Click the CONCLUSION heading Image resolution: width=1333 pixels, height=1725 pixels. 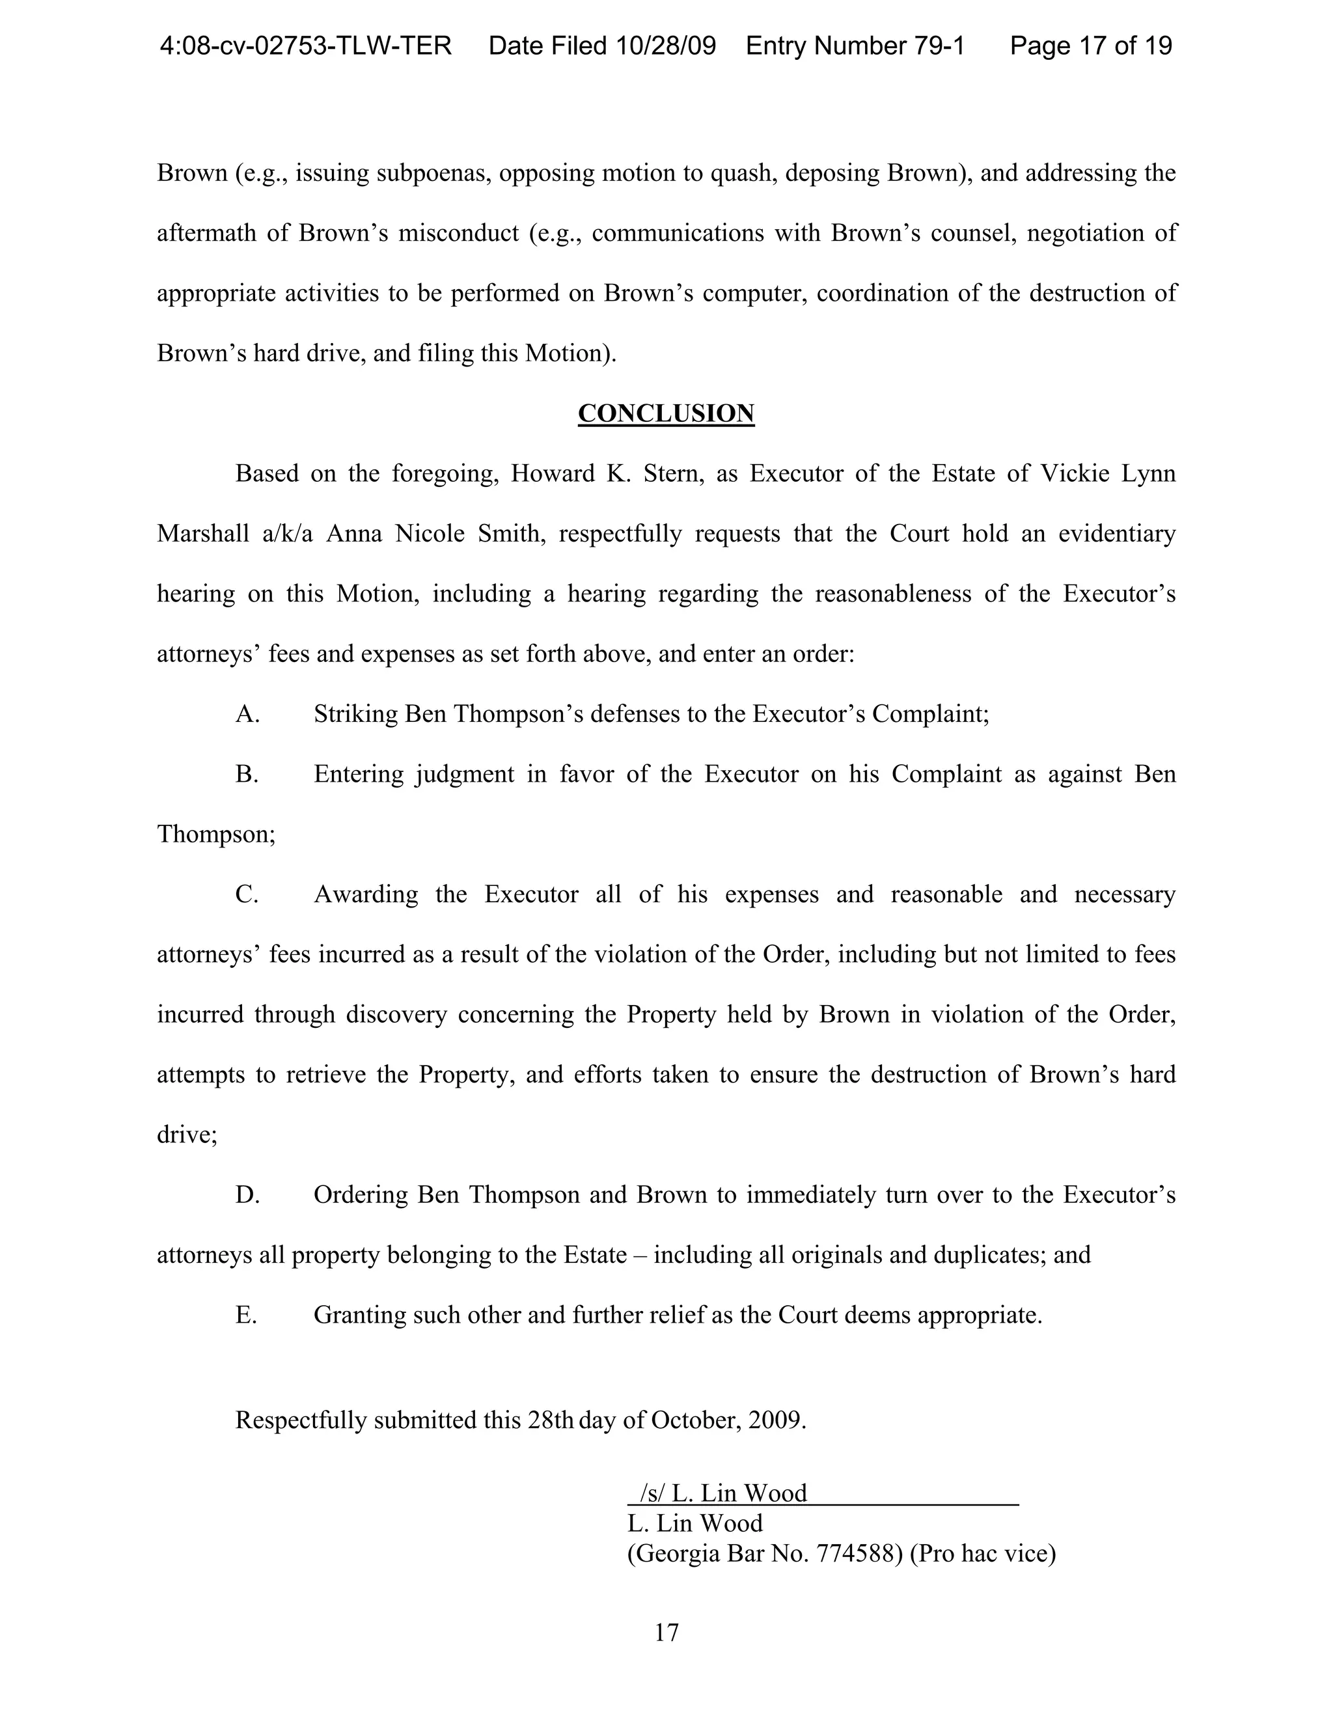(x=666, y=413)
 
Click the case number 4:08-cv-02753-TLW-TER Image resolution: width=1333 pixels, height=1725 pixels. (x=306, y=46)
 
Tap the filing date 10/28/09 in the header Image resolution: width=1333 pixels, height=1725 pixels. (x=665, y=46)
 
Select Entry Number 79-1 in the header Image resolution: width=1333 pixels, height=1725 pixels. (x=855, y=46)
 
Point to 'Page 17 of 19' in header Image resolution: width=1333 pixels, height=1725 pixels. (x=1091, y=46)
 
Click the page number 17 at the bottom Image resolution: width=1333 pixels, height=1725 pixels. (x=666, y=1632)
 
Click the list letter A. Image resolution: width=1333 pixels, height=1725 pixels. (x=247, y=714)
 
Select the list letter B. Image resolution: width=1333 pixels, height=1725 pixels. (x=247, y=774)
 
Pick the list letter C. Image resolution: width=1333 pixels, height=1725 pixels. (x=247, y=894)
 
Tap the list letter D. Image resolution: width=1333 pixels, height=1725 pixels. (x=247, y=1195)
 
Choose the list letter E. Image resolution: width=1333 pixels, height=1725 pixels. (x=247, y=1315)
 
